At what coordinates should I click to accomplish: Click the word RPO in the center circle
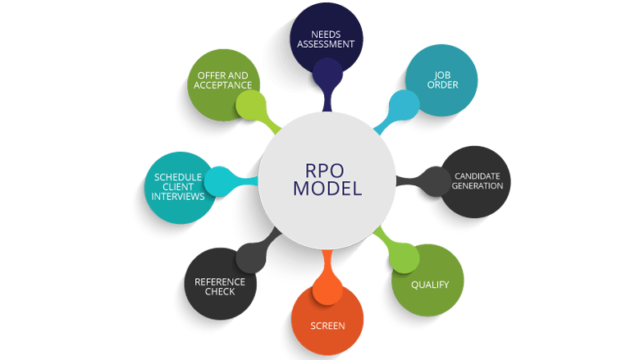(x=320, y=170)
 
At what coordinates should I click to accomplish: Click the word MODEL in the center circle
(x=320, y=189)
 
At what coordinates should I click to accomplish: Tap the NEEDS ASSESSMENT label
(x=327, y=39)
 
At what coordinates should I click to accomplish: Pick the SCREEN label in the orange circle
(x=327, y=326)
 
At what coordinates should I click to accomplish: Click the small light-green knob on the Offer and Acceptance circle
(x=250, y=104)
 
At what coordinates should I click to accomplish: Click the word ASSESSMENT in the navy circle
(x=327, y=44)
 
